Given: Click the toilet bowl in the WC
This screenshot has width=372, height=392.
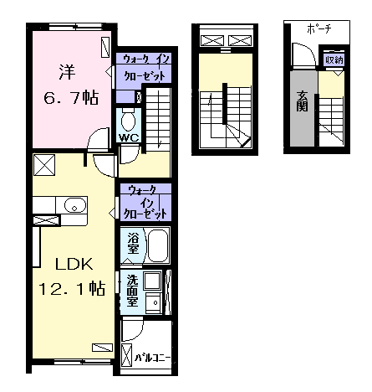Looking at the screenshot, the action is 128,121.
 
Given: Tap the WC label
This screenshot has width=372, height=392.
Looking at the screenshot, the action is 129,137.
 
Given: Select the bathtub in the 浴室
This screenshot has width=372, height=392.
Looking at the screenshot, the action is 158,245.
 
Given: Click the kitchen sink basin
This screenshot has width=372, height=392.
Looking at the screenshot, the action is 74,205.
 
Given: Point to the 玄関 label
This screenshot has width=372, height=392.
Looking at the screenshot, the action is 303,101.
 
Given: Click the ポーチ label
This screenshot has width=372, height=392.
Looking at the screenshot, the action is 319,29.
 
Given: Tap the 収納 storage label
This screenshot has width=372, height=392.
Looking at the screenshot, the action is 334,59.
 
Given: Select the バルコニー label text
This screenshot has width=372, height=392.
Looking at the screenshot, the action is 152,358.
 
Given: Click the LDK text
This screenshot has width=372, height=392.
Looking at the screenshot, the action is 74,264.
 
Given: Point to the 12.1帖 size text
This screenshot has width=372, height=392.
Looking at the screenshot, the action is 72,288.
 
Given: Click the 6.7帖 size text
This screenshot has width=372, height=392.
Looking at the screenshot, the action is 71,97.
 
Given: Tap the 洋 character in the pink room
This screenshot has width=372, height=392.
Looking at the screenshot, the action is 67,72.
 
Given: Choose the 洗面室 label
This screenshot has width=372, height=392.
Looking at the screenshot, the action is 133,291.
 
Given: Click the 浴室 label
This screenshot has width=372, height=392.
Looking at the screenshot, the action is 133,243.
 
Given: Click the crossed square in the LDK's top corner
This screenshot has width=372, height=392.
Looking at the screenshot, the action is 44,165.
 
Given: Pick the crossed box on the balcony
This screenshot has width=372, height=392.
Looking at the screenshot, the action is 127,355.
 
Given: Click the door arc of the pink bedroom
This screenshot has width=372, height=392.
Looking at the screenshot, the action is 94,134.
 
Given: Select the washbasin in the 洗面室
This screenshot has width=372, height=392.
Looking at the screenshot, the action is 153,302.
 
